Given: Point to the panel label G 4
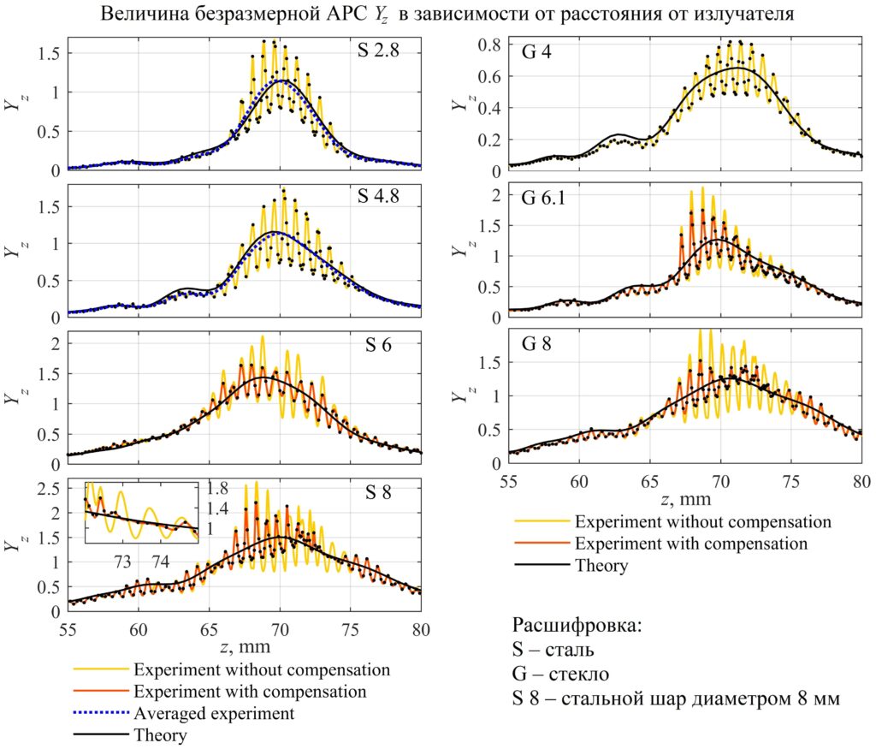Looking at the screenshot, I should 536,51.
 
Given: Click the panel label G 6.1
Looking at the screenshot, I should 542,199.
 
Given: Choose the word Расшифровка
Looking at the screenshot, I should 577,625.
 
